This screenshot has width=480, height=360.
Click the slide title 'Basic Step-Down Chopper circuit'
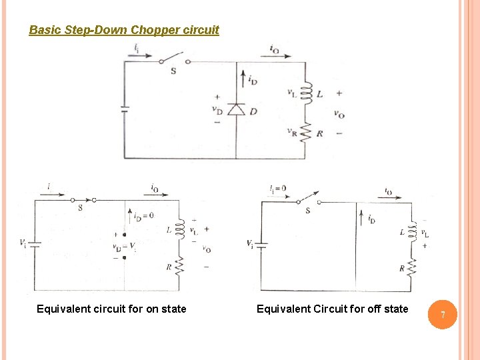pyautogui.click(x=124, y=30)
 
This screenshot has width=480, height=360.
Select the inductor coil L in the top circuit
pyautogui.click(x=306, y=93)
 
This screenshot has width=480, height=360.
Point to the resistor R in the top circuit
pyautogui.click(x=306, y=133)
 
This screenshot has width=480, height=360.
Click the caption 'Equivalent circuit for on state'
pyautogui.click(x=111, y=309)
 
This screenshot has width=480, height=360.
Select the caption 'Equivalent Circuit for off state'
pyautogui.click(x=332, y=309)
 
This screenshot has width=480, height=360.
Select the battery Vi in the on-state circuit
pyautogui.click(x=35, y=244)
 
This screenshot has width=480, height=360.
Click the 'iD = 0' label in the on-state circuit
pyautogui.click(x=143, y=215)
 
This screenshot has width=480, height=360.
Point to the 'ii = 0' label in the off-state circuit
pyautogui.click(x=277, y=189)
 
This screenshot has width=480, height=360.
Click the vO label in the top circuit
pyautogui.click(x=339, y=114)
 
